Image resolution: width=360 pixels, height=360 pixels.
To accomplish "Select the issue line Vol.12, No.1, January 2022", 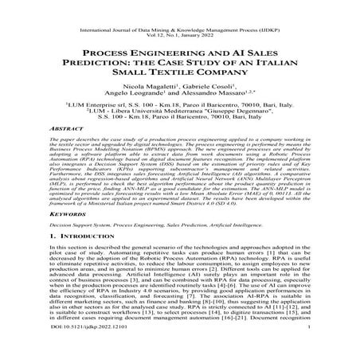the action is (x=180, y=17).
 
